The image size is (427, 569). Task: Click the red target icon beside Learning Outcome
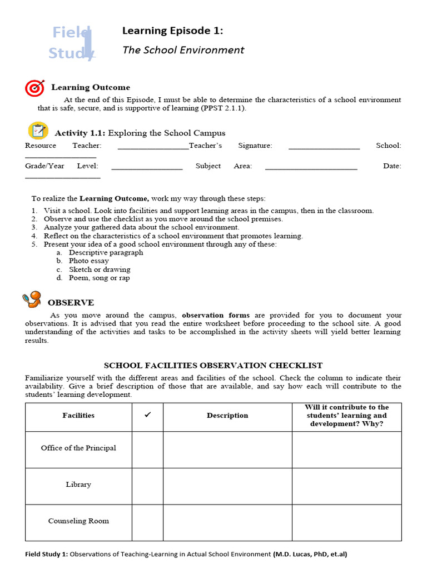[x=34, y=88]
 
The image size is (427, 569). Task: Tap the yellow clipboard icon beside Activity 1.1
[x=38, y=131]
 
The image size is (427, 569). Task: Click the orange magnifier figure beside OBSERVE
[x=33, y=300]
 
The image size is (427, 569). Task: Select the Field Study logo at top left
[x=72, y=43]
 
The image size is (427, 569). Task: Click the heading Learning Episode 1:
[x=172, y=31]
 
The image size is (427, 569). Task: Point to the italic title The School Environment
[x=183, y=50]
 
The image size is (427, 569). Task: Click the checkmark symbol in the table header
[x=147, y=416]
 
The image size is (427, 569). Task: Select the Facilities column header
[x=78, y=416]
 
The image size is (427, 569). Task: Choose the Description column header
[x=227, y=416]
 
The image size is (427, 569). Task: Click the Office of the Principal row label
[x=78, y=448]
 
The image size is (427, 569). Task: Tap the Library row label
[x=78, y=485]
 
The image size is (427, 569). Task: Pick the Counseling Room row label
[x=78, y=521]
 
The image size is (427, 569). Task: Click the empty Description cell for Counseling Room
[x=227, y=522]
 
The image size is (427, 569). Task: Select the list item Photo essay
[x=88, y=261]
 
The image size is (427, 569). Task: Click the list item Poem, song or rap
[x=99, y=278]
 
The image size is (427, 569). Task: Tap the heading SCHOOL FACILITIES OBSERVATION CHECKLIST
[x=213, y=366]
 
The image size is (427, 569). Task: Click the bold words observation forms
[x=216, y=315]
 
